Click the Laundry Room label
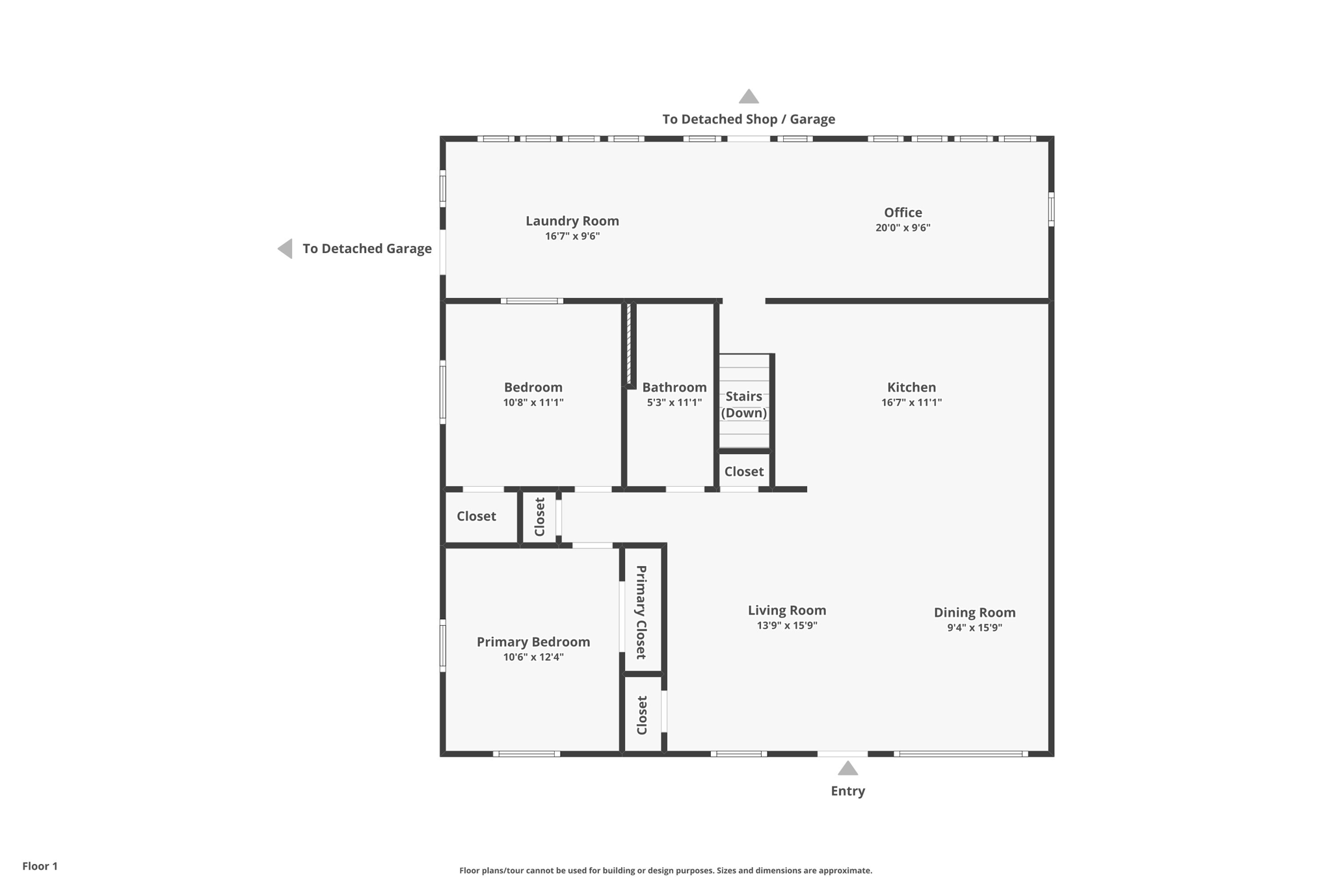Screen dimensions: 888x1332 (572, 221)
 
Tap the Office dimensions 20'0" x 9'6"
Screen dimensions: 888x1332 (903, 228)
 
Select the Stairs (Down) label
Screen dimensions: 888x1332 (743, 405)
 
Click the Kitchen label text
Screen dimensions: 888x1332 (911, 387)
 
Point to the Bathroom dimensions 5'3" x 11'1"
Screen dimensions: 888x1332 (674, 403)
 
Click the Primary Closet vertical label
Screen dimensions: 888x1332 (641, 612)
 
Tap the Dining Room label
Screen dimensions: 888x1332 (974, 612)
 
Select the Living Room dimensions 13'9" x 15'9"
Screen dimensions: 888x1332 (786, 626)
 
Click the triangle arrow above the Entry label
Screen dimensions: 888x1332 (847, 769)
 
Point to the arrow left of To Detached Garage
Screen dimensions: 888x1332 (286, 249)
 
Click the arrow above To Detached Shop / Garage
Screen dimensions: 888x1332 (749, 97)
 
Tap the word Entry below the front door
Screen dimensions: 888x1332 (847, 791)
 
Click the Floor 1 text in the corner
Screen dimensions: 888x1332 (40, 866)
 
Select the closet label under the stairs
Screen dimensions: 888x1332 (743, 472)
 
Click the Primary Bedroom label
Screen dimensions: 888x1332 (533, 642)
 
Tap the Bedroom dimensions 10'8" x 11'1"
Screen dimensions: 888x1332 (533, 403)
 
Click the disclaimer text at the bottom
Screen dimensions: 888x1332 (665, 870)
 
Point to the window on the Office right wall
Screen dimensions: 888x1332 (1051, 209)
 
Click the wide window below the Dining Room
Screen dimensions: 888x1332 (960, 754)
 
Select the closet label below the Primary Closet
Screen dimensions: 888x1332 (642, 715)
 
